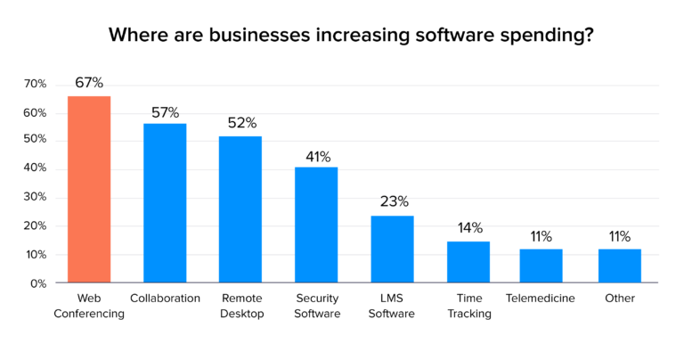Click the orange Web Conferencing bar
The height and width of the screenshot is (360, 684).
[89, 189]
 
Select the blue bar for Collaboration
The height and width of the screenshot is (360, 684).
[165, 203]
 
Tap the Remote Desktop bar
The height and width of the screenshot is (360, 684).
[240, 209]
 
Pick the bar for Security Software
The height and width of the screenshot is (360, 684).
[316, 225]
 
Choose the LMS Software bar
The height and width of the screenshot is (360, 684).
[392, 250]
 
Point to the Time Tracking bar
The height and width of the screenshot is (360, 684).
[468, 262]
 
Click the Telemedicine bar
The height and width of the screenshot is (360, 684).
[541, 266]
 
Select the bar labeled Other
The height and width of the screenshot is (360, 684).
[619, 266]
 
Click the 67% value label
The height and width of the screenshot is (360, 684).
[89, 83]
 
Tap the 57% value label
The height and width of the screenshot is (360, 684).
[165, 112]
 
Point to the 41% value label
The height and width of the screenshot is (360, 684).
[316, 156]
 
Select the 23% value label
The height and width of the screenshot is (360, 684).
[392, 201]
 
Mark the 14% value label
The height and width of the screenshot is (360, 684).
[468, 227]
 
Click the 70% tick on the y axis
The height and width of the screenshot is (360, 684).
[35, 84]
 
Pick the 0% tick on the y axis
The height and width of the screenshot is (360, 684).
[38, 283]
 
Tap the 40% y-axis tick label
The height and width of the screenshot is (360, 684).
[35, 169]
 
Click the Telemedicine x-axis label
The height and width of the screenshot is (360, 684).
[541, 298]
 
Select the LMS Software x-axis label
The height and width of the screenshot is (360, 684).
[392, 305]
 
